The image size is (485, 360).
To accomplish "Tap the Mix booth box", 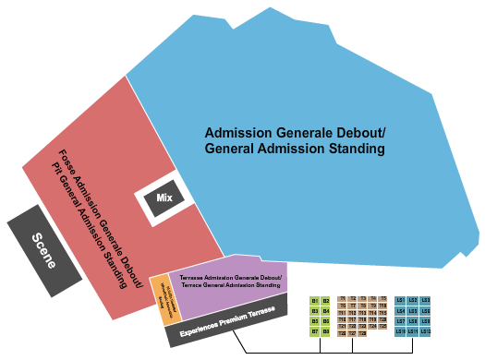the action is coord(164,198).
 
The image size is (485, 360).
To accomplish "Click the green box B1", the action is coord(315,301).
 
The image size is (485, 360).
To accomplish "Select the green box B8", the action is coord(326,331).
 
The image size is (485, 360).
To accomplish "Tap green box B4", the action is coord(326,311).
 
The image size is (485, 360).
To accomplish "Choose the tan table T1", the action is coord(343,298).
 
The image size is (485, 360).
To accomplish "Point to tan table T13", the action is coord(362,313).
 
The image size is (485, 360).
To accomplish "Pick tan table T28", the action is coord(362,333).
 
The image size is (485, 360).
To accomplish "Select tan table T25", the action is coord(383,326).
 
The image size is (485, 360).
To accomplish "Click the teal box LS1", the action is coord(401,300).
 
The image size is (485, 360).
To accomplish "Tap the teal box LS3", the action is coord(425,300).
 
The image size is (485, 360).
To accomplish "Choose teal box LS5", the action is coord(413,311).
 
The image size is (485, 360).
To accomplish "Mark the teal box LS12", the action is coord(425,331).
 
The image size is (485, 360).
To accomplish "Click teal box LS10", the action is coord(401,331).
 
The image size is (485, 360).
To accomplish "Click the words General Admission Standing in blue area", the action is coord(294,149).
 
